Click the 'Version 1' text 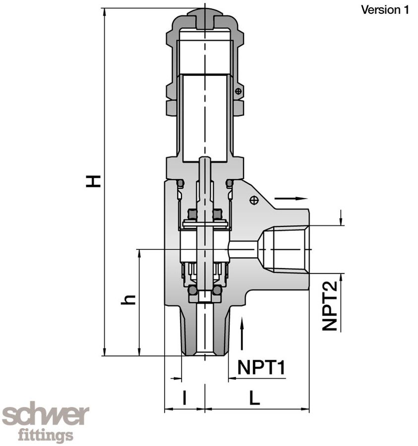(x=385, y=9)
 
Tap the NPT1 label (x=261, y=368)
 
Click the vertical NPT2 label (x=330, y=305)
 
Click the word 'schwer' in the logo (x=46, y=415)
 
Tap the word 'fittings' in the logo (x=46, y=436)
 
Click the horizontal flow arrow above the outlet (x=291, y=198)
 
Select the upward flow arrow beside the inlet (x=242, y=334)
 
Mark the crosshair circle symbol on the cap (x=239, y=91)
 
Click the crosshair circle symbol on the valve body (x=254, y=200)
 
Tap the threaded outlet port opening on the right (x=285, y=249)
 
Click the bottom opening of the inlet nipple (x=204, y=353)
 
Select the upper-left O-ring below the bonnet (x=180, y=183)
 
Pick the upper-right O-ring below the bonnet (x=229, y=183)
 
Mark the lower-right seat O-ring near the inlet (x=217, y=290)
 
